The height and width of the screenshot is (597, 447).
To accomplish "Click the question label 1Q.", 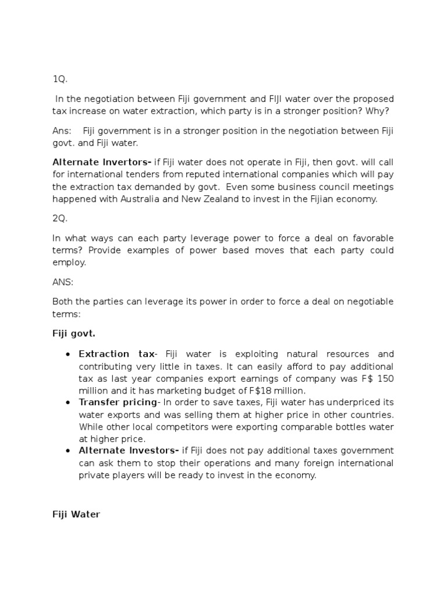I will pyautogui.click(x=60, y=80).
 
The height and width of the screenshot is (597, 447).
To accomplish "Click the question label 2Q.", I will pyautogui.click(x=60, y=218).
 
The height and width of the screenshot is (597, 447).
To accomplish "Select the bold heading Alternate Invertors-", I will pyautogui.click(x=102, y=161).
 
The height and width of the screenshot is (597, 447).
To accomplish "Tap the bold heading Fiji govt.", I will pyautogui.click(x=74, y=334).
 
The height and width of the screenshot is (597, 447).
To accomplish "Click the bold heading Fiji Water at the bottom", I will pyautogui.click(x=76, y=515).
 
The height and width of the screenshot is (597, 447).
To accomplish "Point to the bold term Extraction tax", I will pyautogui.click(x=116, y=354).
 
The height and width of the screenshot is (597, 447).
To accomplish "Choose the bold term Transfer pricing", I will pyautogui.click(x=118, y=402).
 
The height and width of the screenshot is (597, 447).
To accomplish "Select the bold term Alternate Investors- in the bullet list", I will pyautogui.click(x=128, y=451).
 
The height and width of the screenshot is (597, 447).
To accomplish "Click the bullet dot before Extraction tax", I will pyautogui.click(x=68, y=354).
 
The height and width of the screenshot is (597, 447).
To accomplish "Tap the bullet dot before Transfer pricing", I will pyautogui.click(x=68, y=403).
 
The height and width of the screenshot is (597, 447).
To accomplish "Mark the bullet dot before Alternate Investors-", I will pyautogui.click(x=68, y=451).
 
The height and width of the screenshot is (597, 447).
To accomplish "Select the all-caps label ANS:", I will pyautogui.click(x=62, y=282).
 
